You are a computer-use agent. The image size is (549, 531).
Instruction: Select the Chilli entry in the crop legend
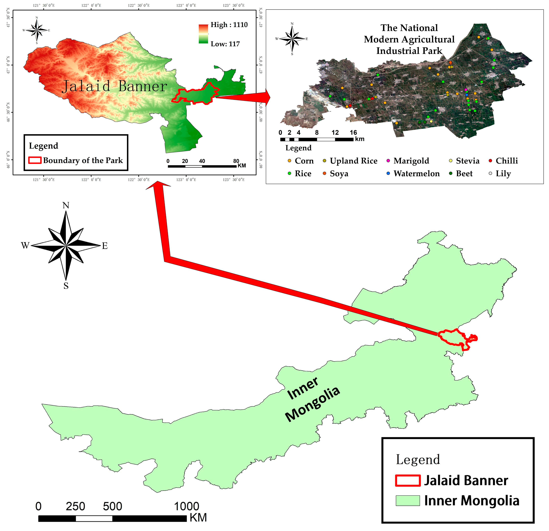click(x=507, y=161)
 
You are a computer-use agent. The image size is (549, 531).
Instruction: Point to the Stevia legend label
click(x=467, y=161)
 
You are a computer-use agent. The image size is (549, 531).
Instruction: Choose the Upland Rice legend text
click(x=353, y=161)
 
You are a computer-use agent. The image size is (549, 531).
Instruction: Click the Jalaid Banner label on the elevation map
click(x=114, y=86)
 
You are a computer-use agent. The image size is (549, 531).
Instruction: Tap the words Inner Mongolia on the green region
click(x=312, y=399)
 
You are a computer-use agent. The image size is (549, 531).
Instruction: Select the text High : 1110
click(x=229, y=25)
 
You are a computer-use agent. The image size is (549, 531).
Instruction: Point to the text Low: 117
click(x=225, y=44)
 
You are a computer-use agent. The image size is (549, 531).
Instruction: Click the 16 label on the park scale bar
click(x=353, y=133)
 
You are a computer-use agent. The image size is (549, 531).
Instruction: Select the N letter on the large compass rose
click(x=66, y=205)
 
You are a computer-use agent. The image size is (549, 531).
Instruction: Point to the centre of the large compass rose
click(x=66, y=246)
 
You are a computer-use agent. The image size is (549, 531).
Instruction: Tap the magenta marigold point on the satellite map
click(x=466, y=90)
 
